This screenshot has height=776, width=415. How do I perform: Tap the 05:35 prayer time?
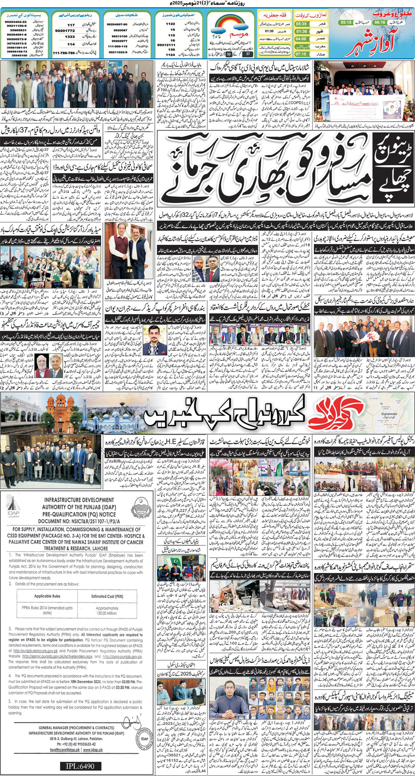pyautogui.click(x=301, y=24)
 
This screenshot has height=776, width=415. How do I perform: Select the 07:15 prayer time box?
pyautogui.click(x=301, y=54)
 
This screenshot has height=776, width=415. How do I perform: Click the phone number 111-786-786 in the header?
pyautogui.click(x=64, y=53)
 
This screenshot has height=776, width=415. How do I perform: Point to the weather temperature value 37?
pyautogui.click(x=248, y=55)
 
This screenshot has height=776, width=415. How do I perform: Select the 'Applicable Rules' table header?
pyautogui.click(x=47, y=596)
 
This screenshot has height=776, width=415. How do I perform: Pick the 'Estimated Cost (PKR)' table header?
pyautogui.click(x=107, y=596)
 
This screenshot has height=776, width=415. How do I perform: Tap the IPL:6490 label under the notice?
pyautogui.click(x=80, y=766)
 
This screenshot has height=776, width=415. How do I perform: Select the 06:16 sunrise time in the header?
pyautogui.click(x=379, y=22)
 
